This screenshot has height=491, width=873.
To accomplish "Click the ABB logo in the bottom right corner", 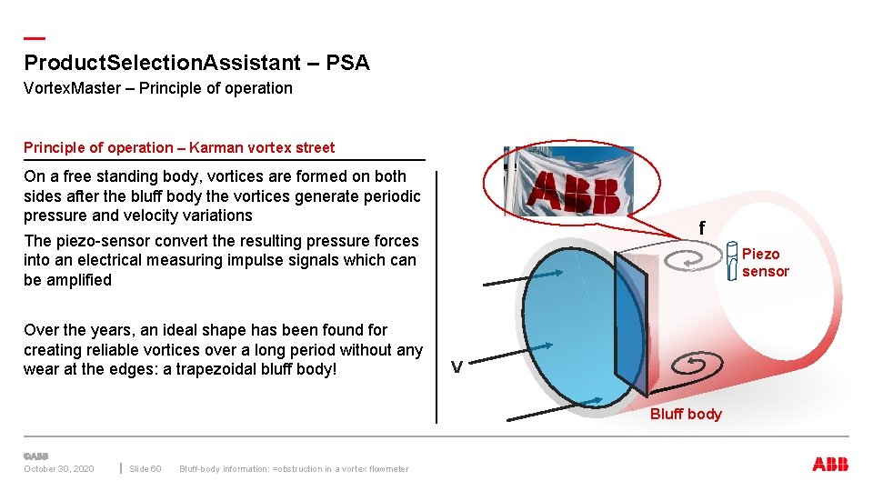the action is tap(830, 465).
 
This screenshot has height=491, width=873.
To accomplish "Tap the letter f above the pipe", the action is tap(702, 228).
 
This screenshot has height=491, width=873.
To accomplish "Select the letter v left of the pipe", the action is tap(457, 366).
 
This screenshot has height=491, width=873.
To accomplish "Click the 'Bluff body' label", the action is tap(686, 415).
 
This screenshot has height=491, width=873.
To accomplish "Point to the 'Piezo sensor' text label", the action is tap(765, 263).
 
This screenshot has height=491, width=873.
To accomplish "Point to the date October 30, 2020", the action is tap(58, 469).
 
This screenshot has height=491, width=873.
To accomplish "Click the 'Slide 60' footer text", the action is tap(145, 469).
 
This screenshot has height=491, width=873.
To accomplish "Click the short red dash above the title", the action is tap(34, 38).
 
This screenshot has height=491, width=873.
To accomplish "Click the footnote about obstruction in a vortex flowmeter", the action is tap(294, 469).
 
